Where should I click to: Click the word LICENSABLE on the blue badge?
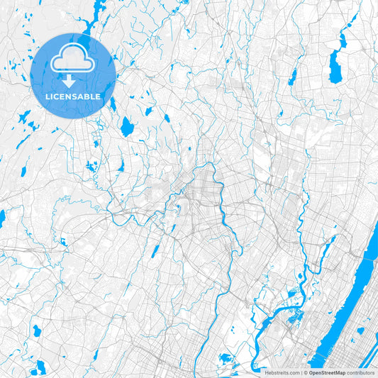(x=73, y=96)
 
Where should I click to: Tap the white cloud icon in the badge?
(x=73, y=60)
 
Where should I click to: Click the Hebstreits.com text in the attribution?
(x=282, y=372)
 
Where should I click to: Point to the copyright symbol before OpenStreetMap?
(x=306, y=372)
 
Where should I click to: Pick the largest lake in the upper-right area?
(x=334, y=67)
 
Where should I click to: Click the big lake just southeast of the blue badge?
(x=127, y=127)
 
